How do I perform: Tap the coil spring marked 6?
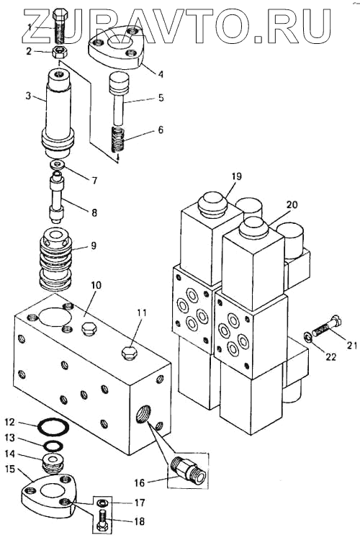click(x=119, y=140)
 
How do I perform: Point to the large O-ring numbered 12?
click(x=53, y=427)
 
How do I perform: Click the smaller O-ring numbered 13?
click(x=53, y=446)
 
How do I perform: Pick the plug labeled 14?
click(x=53, y=463)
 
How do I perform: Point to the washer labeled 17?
click(x=102, y=503)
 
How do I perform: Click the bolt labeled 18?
click(x=102, y=521)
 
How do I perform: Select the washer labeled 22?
click(x=307, y=337)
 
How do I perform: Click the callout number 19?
click(x=236, y=176)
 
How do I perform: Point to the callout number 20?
click(x=292, y=204)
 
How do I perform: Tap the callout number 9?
click(x=94, y=246)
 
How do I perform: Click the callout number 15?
click(x=11, y=469)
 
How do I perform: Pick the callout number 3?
click(x=28, y=95)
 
